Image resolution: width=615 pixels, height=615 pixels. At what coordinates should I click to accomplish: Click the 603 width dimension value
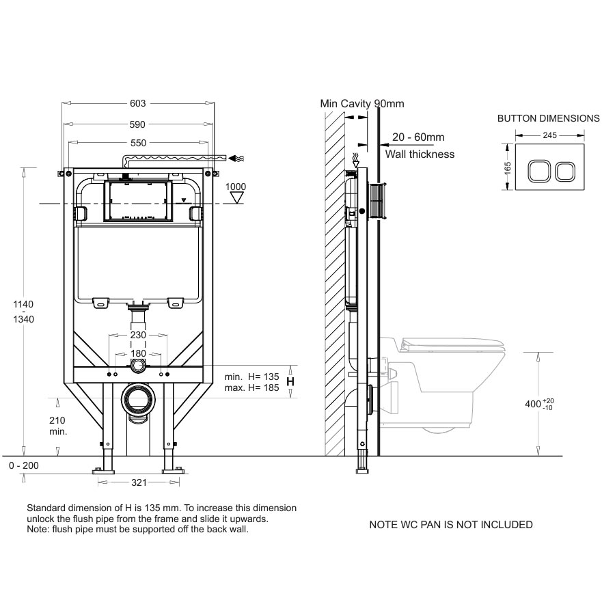tap(138, 103)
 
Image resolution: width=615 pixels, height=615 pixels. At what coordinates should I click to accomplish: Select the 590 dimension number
tap(138, 124)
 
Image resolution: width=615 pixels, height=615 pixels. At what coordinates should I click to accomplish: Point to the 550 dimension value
tap(138, 143)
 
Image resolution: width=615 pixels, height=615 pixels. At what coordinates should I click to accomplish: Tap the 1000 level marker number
tap(236, 187)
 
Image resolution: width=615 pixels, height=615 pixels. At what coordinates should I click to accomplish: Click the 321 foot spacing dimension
tap(139, 482)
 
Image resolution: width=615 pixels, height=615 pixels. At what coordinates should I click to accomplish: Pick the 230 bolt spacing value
tap(139, 336)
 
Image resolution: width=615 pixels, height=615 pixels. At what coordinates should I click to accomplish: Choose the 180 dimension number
tap(139, 354)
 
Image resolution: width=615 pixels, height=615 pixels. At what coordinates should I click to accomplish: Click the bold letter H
tap(290, 381)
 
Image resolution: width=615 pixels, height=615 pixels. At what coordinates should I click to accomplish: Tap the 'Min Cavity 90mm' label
tap(362, 104)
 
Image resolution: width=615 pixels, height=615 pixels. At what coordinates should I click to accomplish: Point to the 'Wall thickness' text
tap(420, 154)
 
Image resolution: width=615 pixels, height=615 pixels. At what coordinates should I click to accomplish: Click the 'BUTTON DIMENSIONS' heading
tap(548, 118)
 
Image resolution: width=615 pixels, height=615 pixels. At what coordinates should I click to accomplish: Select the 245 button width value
tap(549, 135)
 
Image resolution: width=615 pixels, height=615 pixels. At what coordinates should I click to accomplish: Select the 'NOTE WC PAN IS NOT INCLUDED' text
tap(450, 525)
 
